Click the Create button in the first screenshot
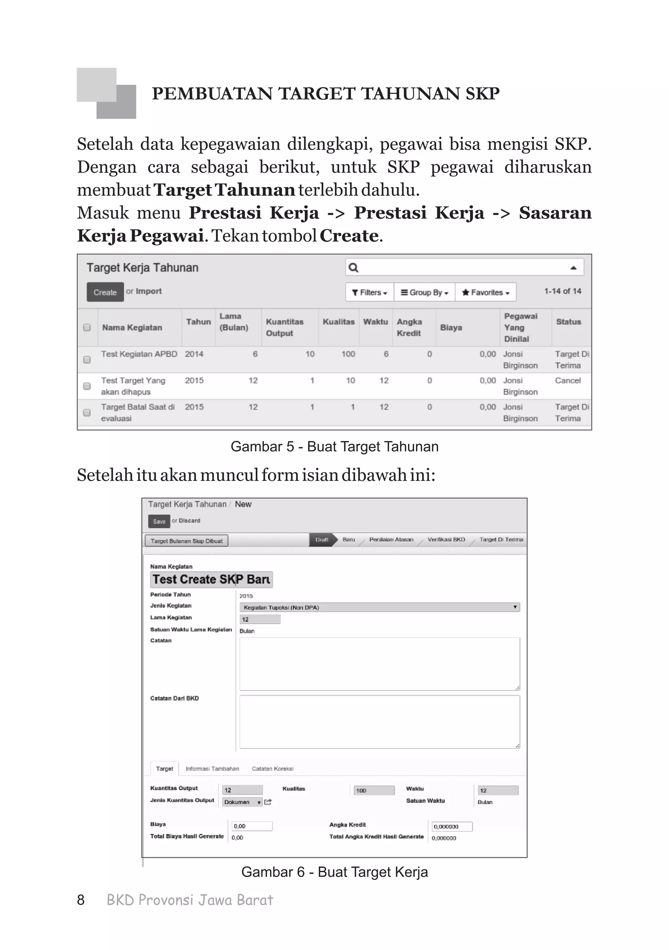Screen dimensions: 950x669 click(105, 292)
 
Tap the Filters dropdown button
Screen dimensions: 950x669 click(369, 293)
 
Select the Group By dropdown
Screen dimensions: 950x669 click(424, 293)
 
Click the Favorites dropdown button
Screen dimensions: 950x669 click(485, 293)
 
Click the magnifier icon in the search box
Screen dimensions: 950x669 click(353, 268)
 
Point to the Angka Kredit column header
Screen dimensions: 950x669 click(409, 327)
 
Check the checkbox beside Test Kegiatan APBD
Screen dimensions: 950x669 click(87, 360)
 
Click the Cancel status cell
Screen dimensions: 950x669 click(567, 381)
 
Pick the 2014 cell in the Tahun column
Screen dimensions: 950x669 click(194, 354)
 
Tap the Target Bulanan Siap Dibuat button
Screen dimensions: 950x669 click(187, 541)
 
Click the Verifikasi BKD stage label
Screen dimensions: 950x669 click(446, 539)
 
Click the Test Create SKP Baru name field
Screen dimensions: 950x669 click(211, 579)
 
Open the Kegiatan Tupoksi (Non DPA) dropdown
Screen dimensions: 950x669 click(379, 607)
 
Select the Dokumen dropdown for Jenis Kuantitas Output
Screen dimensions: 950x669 click(242, 802)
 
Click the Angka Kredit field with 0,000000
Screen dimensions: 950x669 click(451, 827)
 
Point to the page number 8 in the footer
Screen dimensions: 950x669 click(81, 900)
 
